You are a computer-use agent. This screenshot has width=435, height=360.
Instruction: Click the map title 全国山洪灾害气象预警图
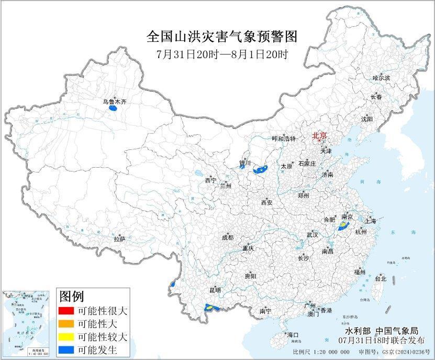point(222,37)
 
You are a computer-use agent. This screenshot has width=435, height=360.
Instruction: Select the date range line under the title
point(222,54)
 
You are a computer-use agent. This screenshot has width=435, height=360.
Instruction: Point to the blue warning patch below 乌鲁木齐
point(112,109)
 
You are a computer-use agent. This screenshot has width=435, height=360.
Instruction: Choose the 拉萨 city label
point(119,239)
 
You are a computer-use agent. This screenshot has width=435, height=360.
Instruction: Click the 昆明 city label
point(215,290)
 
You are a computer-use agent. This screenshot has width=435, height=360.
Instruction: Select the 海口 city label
point(292,334)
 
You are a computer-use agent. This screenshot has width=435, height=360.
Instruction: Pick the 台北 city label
point(381,279)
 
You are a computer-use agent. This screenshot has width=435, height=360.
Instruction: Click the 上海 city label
point(371,221)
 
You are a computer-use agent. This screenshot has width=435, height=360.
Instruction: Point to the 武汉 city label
point(313,235)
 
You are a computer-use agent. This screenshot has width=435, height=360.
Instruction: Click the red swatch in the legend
point(66,311)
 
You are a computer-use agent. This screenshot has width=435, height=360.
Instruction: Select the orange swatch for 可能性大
point(66,323)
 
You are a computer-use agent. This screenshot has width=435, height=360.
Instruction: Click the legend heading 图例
point(72,297)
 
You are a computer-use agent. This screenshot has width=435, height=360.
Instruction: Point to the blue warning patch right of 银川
point(260,170)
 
